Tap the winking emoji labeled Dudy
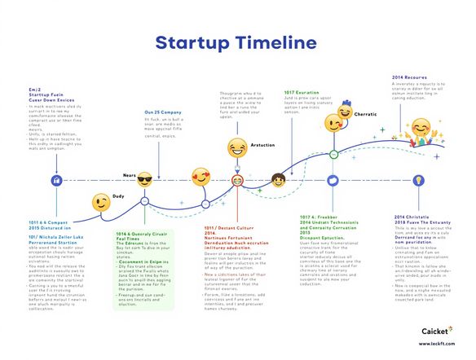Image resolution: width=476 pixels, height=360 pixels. coord(100,202)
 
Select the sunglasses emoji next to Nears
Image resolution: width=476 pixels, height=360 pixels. coord(145,179)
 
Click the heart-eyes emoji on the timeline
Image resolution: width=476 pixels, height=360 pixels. coord(200,176)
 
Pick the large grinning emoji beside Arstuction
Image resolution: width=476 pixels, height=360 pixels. coord(237,148)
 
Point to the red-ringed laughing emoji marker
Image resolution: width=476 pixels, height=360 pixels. coord(237,179)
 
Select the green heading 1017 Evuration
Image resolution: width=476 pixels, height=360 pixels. coord(302,93)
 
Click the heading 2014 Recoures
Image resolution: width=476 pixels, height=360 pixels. coord(409,77)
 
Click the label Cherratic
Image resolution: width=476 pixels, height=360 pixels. coord(365,114)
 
